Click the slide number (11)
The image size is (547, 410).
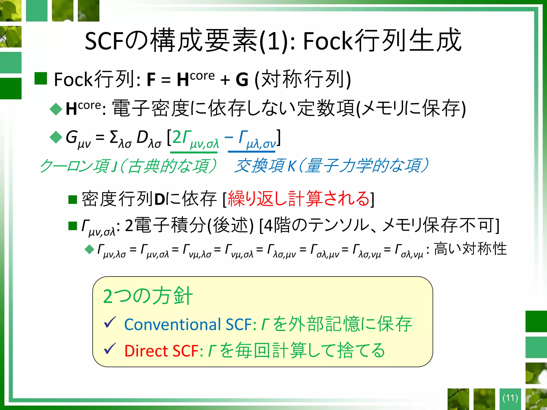[x=510, y=398]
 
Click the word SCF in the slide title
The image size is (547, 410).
[x=104, y=41]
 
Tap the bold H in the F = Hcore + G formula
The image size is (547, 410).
[x=183, y=80]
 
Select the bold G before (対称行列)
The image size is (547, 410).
[x=242, y=80]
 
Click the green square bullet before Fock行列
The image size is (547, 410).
[x=41, y=78]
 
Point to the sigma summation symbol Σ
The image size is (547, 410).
[x=114, y=137]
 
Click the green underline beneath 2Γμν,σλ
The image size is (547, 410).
[x=194, y=152]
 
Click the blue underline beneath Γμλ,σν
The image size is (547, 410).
[x=251, y=152]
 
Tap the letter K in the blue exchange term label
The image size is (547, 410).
[x=292, y=166]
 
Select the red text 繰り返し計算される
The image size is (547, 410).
[x=299, y=199]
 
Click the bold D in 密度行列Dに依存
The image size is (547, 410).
[x=159, y=199]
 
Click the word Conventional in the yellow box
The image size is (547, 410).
[x=173, y=325]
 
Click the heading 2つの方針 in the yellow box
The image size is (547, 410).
[x=148, y=296]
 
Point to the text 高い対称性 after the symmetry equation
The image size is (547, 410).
[x=470, y=249]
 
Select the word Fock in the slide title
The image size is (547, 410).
[x=327, y=41]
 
